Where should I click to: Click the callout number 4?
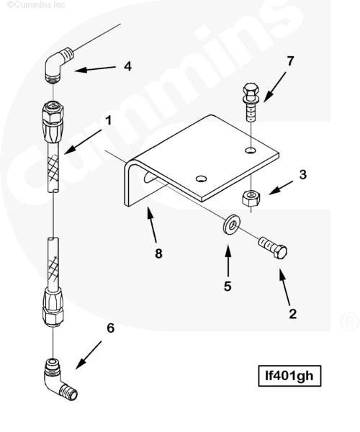[x=127, y=66]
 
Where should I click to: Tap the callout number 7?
[x=290, y=61]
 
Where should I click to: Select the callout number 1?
[x=109, y=120]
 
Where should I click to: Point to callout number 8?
[x=158, y=253]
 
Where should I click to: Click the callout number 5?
[x=228, y=287]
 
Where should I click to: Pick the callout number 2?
[x=293, y=314]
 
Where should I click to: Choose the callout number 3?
[x=302, y=175]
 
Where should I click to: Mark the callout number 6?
[x=110, y=328]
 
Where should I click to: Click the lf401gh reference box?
[x=289, y=376]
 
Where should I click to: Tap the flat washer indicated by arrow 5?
[x=231, y=224]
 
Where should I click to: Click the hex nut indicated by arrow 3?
[x=251, y=197]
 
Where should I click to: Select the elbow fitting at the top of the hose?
[x=58, y=65]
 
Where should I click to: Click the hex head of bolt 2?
[x=280, y=251]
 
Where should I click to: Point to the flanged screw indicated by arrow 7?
[x=251, y=102]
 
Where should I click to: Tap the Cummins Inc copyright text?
[x=36, y=4]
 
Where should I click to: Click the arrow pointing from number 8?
[x=152, y=225]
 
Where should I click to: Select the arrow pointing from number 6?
[x=89, y=355]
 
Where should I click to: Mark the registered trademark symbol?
[x=350, y=322]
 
